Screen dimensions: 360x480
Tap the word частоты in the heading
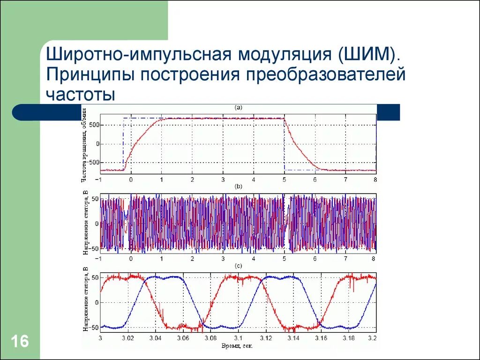pyautogui.click(x=81, y=94)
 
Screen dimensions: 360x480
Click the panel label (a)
pyautogui.click(x=238, y=107)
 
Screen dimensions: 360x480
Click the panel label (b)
pyautogui.click(x=238, y=187)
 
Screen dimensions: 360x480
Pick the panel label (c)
pyautogui.click(x=238, y=266)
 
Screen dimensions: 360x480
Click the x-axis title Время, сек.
pyautogui.click(x=238, y=346)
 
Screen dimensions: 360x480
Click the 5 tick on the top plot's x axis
pyautogui.click(x=284, y=180)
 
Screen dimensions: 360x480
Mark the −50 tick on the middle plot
pyautogui.click(x=93, y=248)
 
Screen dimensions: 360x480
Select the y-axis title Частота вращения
pyautogui.click(x=84, y=144)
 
